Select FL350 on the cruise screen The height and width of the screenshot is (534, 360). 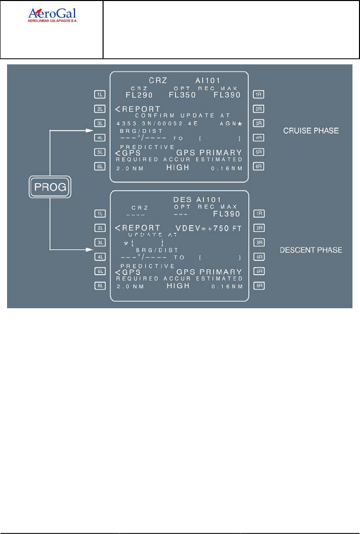coord(182,95)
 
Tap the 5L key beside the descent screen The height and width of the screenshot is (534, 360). coord(100,272)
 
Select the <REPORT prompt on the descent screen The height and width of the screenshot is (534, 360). coord(137,228)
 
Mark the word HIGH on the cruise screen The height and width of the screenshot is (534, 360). coord(178,167)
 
